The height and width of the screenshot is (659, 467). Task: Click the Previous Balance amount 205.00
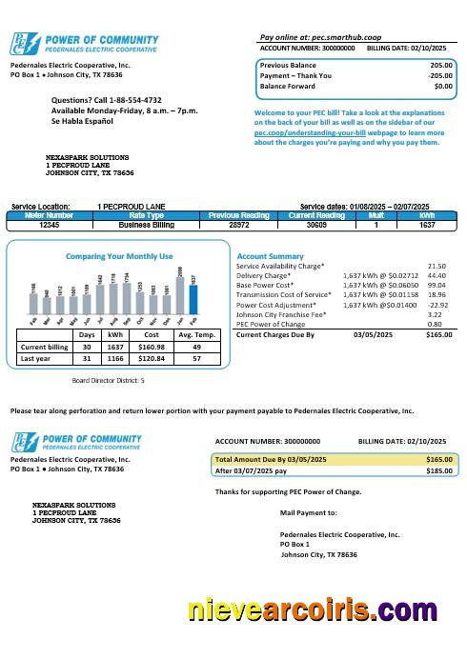439,65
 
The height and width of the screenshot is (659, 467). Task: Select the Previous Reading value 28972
239,225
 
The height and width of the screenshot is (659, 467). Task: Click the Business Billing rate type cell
147,225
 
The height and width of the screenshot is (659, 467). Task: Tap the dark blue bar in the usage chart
193,300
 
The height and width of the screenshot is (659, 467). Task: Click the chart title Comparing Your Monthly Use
119,257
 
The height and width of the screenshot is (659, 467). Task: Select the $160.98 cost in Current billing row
152,348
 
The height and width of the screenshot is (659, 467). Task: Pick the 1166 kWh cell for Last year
115,360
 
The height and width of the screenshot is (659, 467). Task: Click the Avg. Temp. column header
197,335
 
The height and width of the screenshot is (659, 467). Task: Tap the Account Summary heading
270,257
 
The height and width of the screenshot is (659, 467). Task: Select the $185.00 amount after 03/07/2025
438,470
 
